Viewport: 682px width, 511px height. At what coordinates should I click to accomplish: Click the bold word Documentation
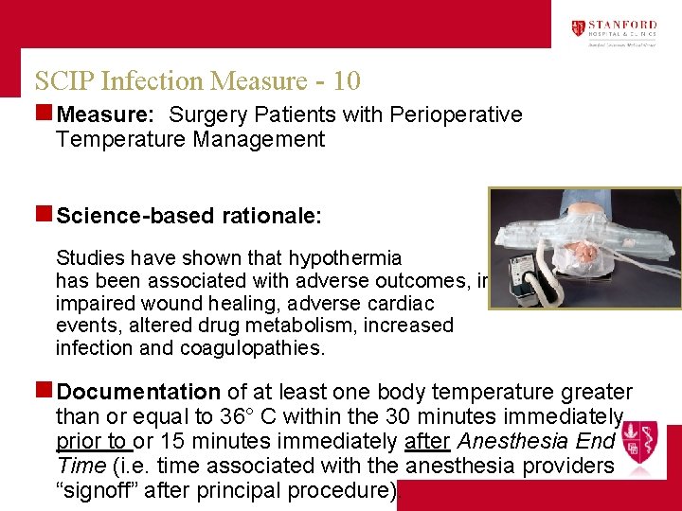[x=138, y=392]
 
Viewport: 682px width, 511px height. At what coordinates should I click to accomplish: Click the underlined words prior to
[x=92, y=441]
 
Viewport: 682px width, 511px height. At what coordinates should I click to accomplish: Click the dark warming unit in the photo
[x=519, y=269]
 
